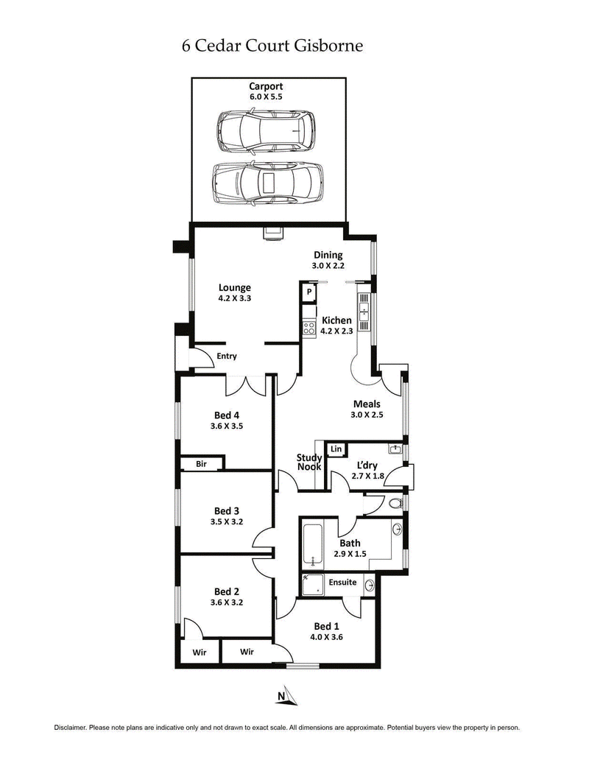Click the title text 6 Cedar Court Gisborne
click(x=272, y=46)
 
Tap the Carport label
click(x=265, y=87)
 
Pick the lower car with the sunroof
click(x=267, y=183)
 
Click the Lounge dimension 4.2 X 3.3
click(x=234, y=299)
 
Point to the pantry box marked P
click(x=309, y=292)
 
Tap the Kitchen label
click(x=336, y=320)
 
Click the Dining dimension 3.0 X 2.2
click(x=328, y=267)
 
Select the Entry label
click(x=227, y=356)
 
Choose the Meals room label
click(x=367, y=404)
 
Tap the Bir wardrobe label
click(x=201, y=464)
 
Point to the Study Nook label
click(x=309, y=462)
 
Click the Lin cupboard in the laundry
click(x=336, y=449)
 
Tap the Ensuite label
click(x=342, y=583)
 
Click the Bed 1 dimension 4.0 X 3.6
click(x=327, y=639)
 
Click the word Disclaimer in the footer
click(x=70, y=728)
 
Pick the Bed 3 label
click(x=227, y=510)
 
